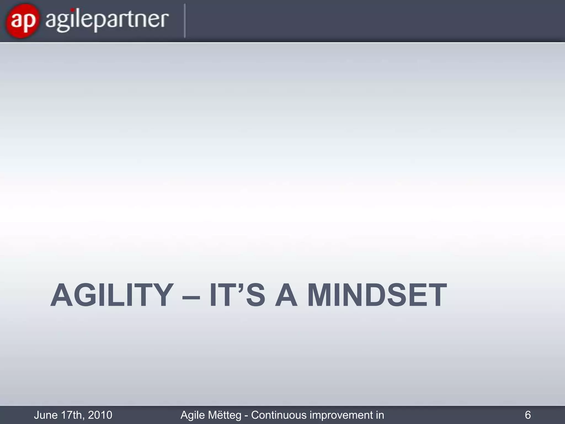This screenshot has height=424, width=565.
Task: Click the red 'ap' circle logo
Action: [x=22, y=21]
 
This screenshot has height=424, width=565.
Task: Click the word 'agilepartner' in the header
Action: [x=106, y=21]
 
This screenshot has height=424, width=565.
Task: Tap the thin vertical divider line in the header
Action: [x=185, y=21]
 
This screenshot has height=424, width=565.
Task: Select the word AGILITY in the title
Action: [x=112, y=295]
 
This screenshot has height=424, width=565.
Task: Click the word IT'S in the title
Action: [x=237, y=295]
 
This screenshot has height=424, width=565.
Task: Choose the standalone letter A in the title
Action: [x=286, y=295]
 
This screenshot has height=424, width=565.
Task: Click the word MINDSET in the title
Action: [x=377, y=295]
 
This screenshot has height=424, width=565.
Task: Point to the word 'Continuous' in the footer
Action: [x=278, y=415]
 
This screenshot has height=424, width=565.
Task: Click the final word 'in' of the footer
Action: [x=380, y=415]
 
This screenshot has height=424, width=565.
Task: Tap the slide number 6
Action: [x=527, y=415]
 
